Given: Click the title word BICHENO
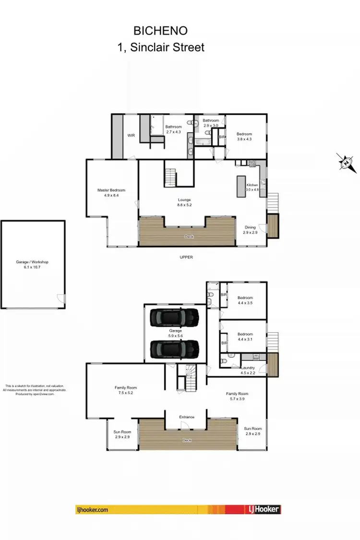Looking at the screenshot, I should click(x=161, y=31).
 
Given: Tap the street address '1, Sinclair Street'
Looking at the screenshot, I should click(x=161, y=47).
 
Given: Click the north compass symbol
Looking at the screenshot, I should click(x=346, y=163).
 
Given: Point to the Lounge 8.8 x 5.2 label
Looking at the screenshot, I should click(x=184, y=202).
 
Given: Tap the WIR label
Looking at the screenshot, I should click(x=131, y=136).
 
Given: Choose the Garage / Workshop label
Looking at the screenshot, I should click(x=33, y=264).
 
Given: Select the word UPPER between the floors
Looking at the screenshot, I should click(x=186, y=257).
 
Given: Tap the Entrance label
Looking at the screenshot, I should click(x=187, y=417).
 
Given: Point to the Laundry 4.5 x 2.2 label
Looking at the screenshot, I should click(x=248, y=370).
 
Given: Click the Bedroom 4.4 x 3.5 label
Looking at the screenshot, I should click(x=245, y=300).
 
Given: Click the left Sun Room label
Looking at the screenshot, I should click(x=122, y=434).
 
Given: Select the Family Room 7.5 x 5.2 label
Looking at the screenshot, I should click(x=126, y=390).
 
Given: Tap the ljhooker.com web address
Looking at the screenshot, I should click(x=92, y=510).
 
